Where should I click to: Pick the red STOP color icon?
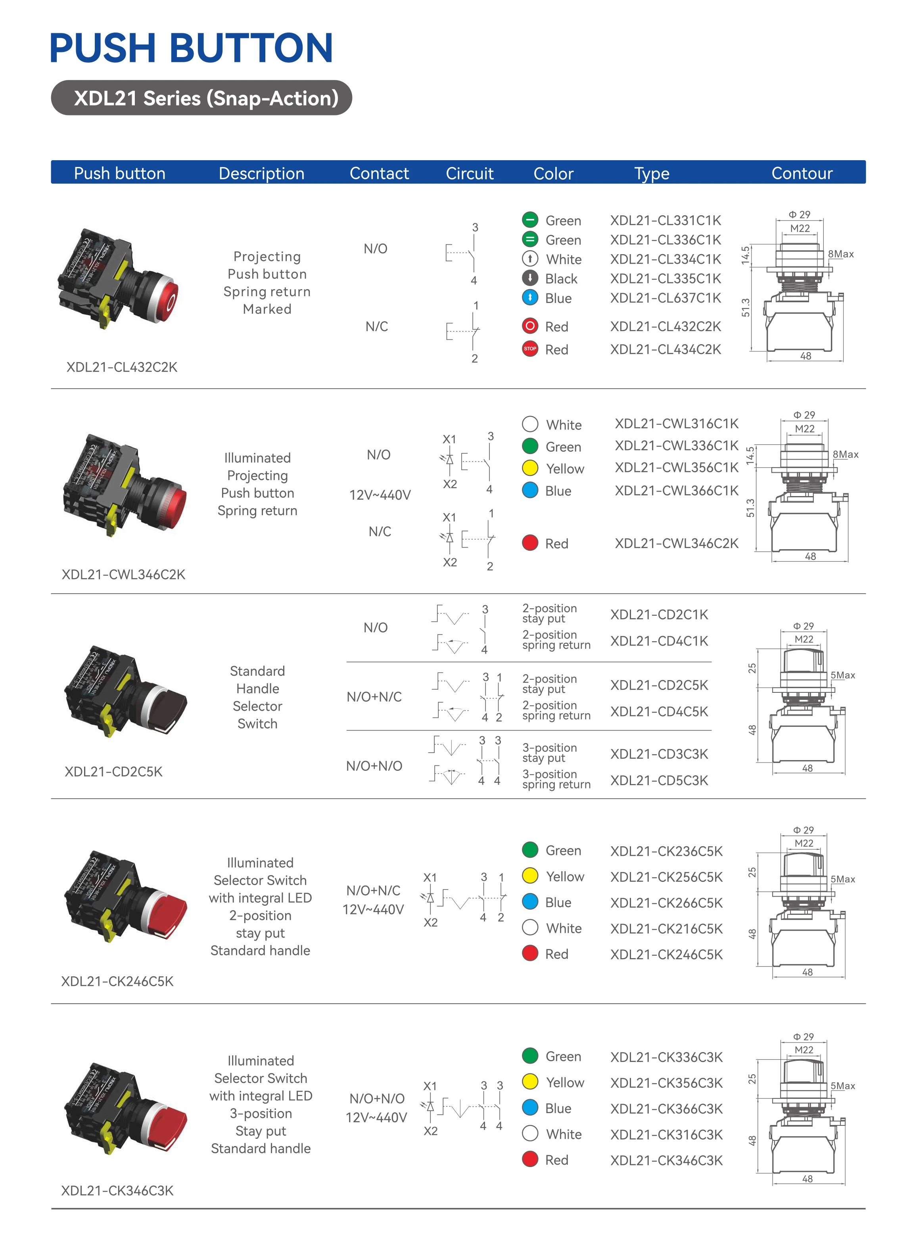(530, 349)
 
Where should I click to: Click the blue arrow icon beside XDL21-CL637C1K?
(530, 297)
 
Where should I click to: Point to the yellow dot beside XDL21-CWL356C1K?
(530, 468)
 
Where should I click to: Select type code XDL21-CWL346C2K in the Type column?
(676, 543)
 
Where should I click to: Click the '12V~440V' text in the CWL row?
(380, 495)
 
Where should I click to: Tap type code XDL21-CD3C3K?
(659, 754)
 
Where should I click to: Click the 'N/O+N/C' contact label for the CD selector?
(374, 697)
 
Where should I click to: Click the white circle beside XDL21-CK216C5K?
(530, 928)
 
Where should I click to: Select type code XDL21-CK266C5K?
(666, 903)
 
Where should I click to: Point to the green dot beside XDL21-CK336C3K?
(530, 1056)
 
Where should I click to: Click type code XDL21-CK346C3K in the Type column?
(666, 1160)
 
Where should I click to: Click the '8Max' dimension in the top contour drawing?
(841, 254)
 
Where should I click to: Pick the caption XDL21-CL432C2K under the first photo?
(122, 367)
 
